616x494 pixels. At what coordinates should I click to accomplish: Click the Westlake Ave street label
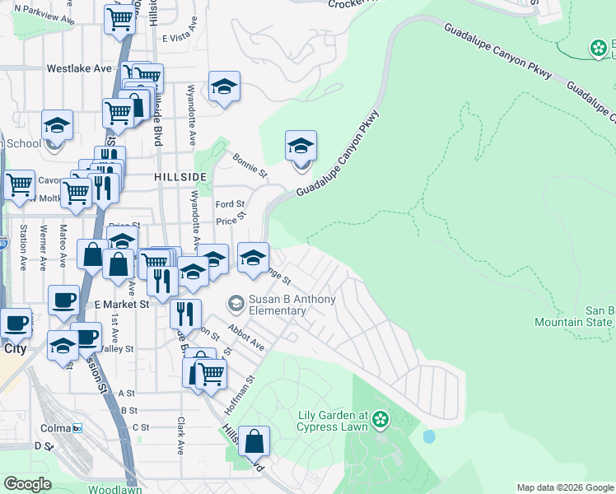tap(79, 68)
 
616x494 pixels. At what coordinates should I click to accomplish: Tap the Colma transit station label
tap(56, 428)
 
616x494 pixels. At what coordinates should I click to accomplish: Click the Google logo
tap(28, 484)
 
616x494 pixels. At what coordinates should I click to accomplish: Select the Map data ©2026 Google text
tap(565, 487)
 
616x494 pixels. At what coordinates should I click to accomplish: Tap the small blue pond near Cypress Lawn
tap(427, 436)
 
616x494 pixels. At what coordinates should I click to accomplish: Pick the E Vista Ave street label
tap(181, 35)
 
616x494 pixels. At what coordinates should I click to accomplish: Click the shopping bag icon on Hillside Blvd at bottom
tap(255, 441)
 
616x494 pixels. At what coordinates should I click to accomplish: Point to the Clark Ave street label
tap(180, 435)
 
